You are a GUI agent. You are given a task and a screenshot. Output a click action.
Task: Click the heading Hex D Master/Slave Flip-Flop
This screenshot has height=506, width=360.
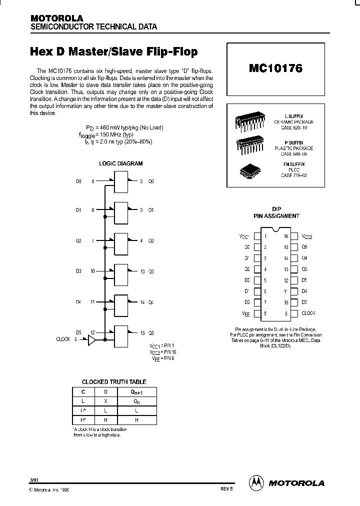114,51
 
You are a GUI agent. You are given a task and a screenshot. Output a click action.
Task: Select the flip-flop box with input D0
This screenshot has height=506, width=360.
122,180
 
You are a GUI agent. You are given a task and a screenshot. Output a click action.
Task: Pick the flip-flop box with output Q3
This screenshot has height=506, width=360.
122,271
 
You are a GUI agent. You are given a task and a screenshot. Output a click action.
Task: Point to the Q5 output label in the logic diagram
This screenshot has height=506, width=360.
151,332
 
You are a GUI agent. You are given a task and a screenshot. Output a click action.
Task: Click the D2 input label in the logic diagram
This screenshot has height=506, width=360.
79,240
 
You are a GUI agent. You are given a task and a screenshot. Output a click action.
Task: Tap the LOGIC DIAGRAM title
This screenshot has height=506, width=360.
120,163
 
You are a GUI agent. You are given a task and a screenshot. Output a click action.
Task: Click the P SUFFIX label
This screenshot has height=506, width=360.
294,142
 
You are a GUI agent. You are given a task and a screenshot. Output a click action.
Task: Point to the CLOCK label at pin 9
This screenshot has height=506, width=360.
308,313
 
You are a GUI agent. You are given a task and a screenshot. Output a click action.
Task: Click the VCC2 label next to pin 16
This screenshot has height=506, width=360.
307,236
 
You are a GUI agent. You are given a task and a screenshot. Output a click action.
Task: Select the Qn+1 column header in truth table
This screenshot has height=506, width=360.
137,393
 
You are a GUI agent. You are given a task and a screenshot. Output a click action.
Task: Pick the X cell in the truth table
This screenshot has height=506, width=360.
105,401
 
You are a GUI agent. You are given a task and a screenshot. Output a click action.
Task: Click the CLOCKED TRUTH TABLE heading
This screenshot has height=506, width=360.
114,381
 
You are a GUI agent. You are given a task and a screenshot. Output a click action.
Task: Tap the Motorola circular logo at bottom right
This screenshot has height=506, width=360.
256,482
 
